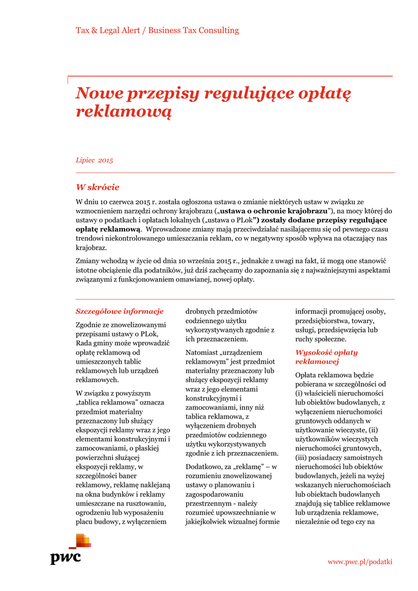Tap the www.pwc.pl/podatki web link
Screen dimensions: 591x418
pyautogui.click(x=360, y=561)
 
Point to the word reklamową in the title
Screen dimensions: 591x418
pyautogui.click(x=124, y=111)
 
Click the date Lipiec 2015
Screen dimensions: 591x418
pyautogui.click(x=95, y=160)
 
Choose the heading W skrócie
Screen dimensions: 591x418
pyautogui.click(x=97, y=187)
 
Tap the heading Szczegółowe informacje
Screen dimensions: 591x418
pyautogui.click(x=119, y=311)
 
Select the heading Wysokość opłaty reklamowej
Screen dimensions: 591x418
pyautogui.click(x=326, y=357)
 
